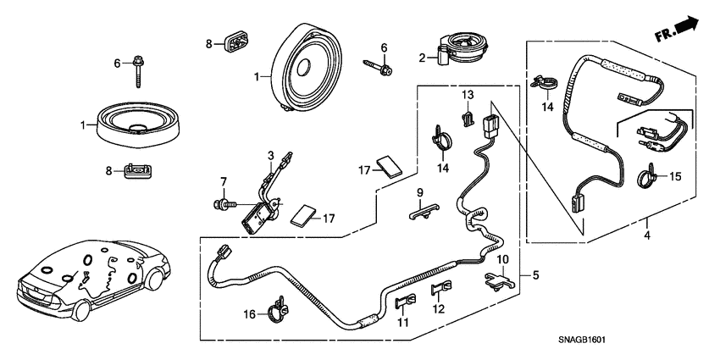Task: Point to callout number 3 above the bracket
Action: [x=270, y=155]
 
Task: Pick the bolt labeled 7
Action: [x=226, y=203]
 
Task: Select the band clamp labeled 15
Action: [x=649, y=179]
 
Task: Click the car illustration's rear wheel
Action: [x=80, y=311]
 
